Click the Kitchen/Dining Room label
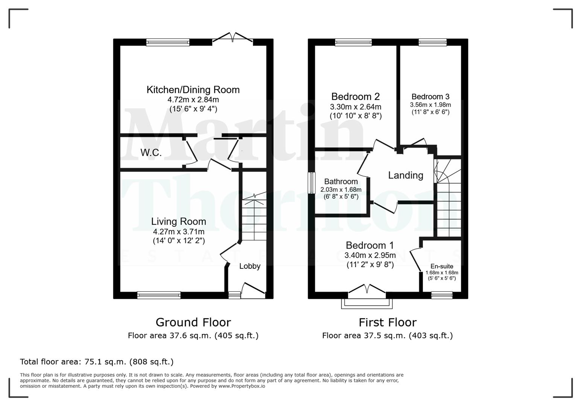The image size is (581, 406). point(193,90)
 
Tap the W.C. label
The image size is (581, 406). point(151,153)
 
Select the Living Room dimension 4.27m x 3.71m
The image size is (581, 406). point(178,232)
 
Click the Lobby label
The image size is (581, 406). point(250,266)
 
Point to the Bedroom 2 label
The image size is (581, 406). point(355,97)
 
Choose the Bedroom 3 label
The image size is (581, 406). point(430,97)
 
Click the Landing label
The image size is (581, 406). point(405,175)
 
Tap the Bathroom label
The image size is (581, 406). point(341,182)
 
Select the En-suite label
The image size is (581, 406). point(442,266)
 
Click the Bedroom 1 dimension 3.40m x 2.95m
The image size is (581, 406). point(370,255)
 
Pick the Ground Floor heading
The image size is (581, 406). point(193,322)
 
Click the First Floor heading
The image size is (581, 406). point(387,322)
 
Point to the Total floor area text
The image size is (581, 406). point(97,362)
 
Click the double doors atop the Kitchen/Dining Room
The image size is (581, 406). point(233,38)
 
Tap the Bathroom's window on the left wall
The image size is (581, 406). point(312,183)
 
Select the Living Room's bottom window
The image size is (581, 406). point(159,295)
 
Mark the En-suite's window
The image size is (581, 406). point(442,295)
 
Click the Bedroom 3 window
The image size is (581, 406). point(432,42)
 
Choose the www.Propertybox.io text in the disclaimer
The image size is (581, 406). point(242,386)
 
